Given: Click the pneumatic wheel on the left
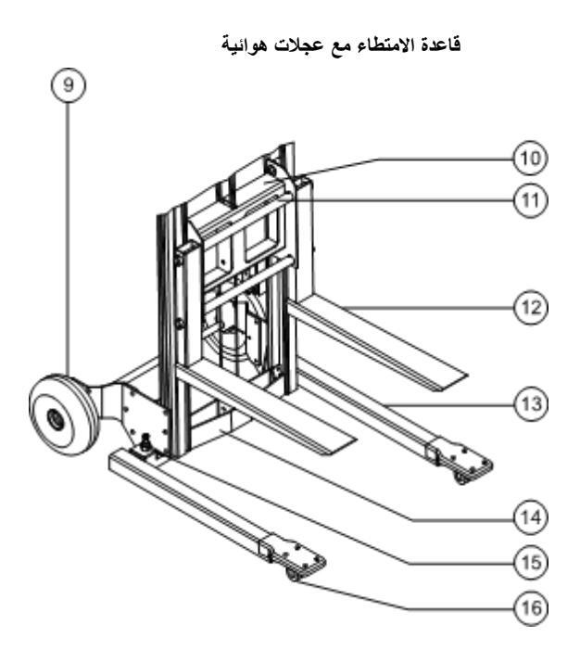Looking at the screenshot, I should click(x=63, y=415).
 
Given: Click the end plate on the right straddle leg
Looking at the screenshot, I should click(x=460, y=461).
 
